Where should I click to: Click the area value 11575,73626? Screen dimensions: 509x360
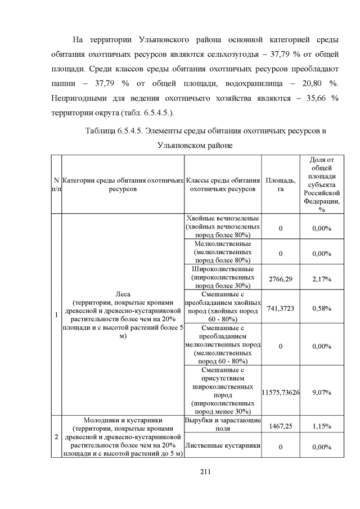pos(280,392)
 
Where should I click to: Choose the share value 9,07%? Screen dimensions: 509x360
pos(322,392)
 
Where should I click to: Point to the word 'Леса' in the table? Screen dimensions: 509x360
pos(123,294)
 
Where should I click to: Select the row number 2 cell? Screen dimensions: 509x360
pos(56,436)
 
